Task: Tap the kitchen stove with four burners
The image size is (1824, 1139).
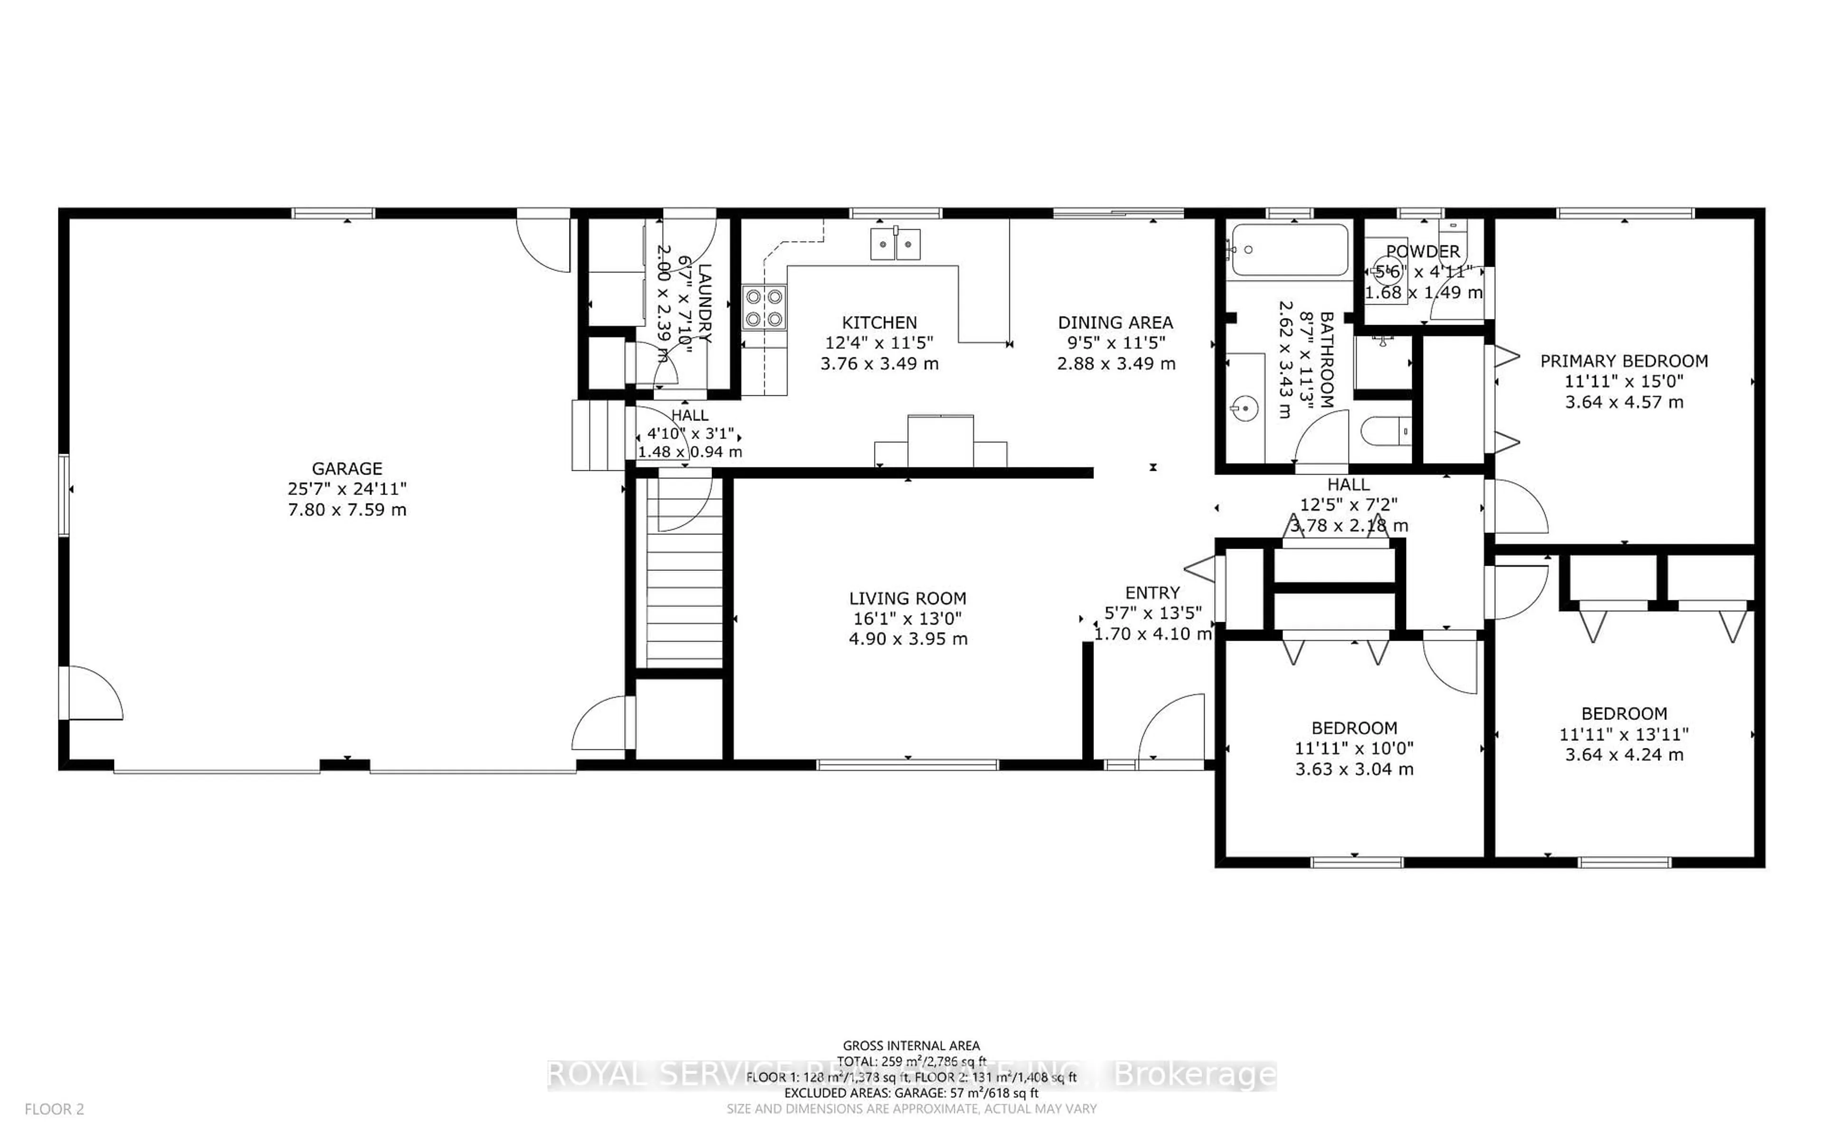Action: [764, 308]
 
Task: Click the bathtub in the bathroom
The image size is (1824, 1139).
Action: [1290, 249]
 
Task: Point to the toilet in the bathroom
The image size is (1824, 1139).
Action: [1385, 432]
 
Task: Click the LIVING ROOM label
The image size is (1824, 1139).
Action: [907, 599]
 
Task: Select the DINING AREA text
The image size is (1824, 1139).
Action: [1115, 322]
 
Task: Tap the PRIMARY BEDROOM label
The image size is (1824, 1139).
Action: [1624, 361]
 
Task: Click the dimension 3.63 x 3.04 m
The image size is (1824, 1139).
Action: [1354, 769]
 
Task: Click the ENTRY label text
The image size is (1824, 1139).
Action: [1152, 593]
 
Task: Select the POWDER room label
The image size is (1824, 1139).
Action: [1422, 252]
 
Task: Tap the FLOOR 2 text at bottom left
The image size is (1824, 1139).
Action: [54, 1109]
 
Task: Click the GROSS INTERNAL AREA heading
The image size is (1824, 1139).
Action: [911, 1045]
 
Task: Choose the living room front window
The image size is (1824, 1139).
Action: [907, 765]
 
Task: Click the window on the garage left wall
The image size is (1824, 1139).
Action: [64, 494]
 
